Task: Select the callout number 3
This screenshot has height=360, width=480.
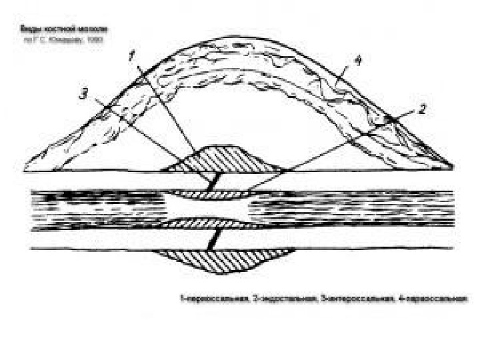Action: pyautogui.click(x=83, y=95)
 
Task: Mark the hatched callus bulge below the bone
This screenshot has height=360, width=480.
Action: pyautogui.click(x=223, y=261)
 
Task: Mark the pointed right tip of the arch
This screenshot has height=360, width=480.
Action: pyautogui.click(x=455, y=167)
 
